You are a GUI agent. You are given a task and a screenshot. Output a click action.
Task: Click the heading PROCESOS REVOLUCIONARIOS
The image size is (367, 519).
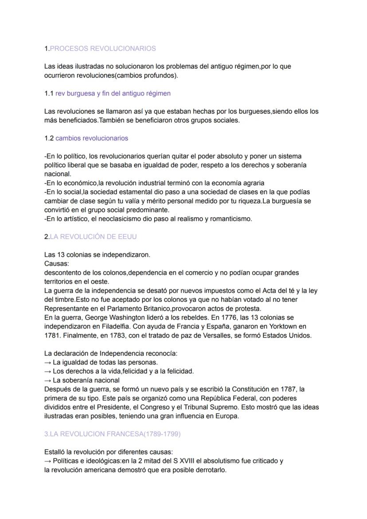tap(103, 48)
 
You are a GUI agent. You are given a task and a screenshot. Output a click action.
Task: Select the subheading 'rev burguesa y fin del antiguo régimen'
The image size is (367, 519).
tap(113, 93)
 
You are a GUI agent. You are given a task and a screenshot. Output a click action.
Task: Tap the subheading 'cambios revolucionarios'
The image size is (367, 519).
tap(92, 138)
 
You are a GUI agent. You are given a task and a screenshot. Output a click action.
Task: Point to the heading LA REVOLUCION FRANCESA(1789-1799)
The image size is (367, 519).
tap(115, 434)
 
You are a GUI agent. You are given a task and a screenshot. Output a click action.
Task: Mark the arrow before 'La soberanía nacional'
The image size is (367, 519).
tap(48, 380)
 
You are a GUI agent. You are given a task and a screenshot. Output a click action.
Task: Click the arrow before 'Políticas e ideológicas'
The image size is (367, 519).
tap(48, 461)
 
